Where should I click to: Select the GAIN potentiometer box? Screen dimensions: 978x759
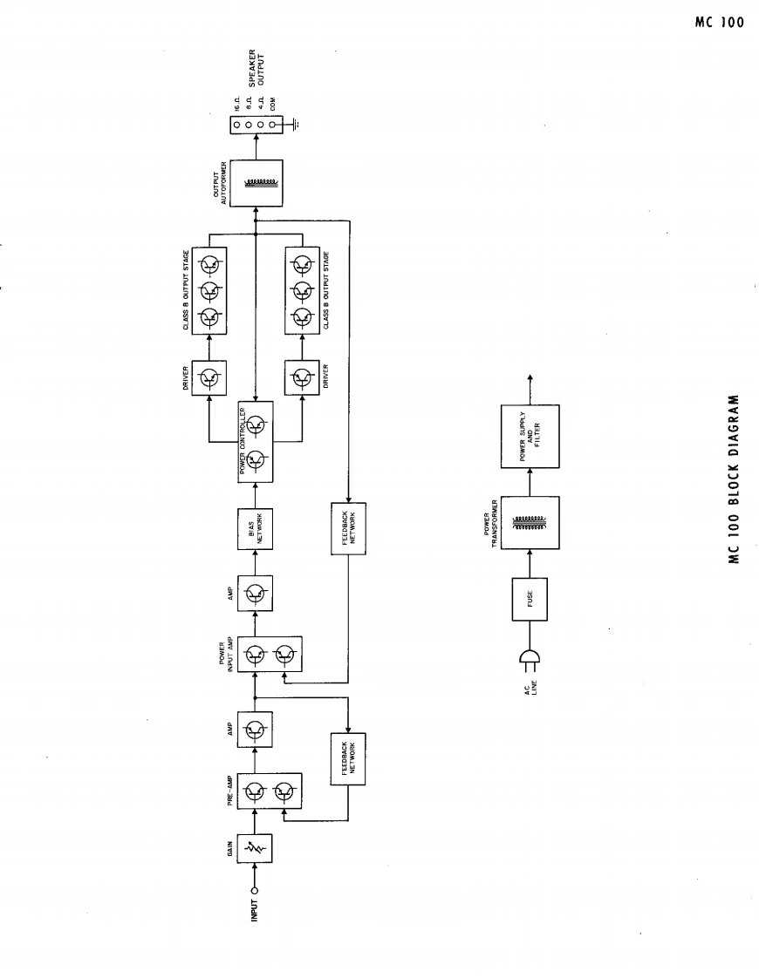tap(256, 846)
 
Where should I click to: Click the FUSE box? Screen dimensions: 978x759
tap(530, 599)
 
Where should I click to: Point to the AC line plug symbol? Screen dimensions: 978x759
tap(529, 660)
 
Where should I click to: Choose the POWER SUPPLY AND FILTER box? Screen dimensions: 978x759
tap(530, 436)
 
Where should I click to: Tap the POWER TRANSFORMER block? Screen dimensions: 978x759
tap(530, 523)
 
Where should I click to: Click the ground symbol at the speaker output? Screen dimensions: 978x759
tap(296, 125)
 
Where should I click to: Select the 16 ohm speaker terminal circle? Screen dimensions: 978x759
tap(236, 125)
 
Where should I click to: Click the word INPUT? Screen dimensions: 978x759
tap(255, 910)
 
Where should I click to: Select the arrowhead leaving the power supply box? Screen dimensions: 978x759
tap(530, 378)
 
